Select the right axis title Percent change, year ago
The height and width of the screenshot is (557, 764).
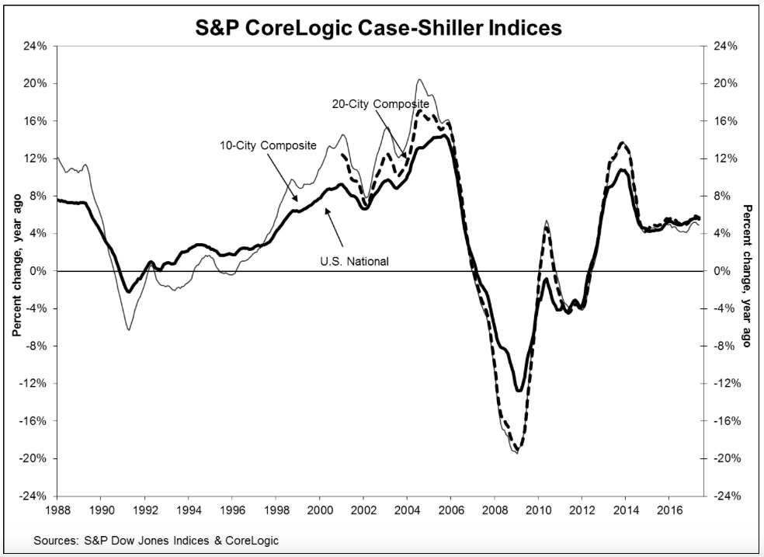click(x=748, y=275)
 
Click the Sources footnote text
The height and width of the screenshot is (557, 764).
click(x=156, y=540)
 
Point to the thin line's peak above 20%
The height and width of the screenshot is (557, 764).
click(x=419, y=79)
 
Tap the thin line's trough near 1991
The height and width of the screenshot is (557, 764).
click(x=128, y=330)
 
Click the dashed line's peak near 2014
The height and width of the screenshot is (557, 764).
click(x=622, y=143)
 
